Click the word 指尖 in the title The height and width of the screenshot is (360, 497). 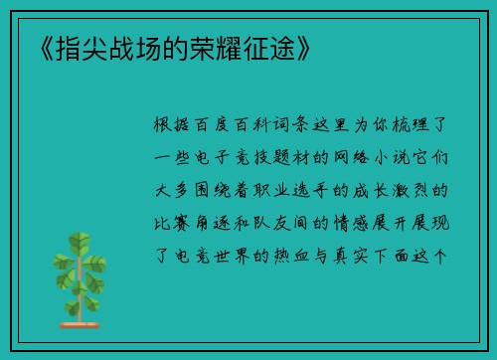pyautogui.click(x=68, y=47)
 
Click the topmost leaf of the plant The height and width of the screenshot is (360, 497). pyautogui.click(x=74, y=240)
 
